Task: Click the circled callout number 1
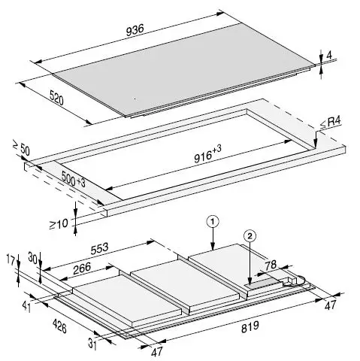coord(213,222)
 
